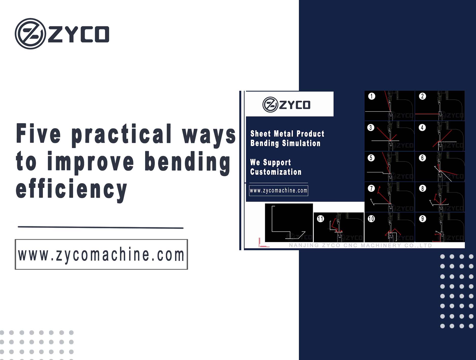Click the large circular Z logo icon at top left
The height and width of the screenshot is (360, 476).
click(x=30, y=33)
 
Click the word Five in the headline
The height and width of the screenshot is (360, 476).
click(x=39, y=134)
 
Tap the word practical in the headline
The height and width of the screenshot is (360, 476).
click(x=121, y=135)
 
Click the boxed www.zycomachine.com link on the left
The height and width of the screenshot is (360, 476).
click(x=101, y=254)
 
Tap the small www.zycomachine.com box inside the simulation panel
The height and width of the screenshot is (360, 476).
click(x=279, y=191)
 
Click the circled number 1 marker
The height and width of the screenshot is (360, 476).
click(x=371, y=96)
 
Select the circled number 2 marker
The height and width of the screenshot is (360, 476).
click(x=422, y=96)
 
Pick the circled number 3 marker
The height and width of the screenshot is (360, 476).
click(x=371, y=128)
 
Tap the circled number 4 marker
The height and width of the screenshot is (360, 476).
click(x=422, y=128)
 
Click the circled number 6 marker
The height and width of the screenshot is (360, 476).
click(x=422, y=158)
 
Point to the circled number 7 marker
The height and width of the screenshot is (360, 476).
click(x=371, y=188)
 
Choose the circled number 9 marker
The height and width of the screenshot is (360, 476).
click(x=422, y=219)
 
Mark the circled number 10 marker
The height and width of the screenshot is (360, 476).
click(x=371, y=219)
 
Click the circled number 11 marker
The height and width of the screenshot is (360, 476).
click(x=320, y=219)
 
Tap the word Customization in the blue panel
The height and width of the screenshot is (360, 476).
click(x=276, y=172)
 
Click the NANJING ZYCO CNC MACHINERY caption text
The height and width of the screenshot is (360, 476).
click(x=360, y=245)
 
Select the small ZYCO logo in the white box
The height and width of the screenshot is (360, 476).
click(x=286, y=104)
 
